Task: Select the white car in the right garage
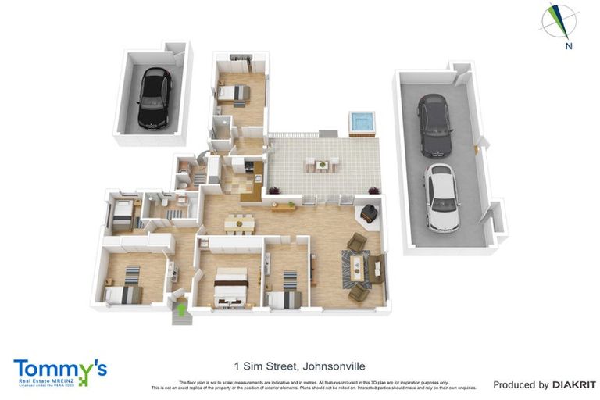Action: [x=441, y=196]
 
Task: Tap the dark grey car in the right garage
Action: [x=433, y=124]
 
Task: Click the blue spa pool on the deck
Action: [x=361, y=123]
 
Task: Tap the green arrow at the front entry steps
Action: [x=182, y=310]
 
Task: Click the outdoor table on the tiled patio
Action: [x=323, y=165]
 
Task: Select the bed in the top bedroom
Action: [x=234, y=94]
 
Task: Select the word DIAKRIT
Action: [x=574, y=384]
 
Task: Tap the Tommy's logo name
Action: [x=59, y=368]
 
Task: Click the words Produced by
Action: [x=520, y=384]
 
